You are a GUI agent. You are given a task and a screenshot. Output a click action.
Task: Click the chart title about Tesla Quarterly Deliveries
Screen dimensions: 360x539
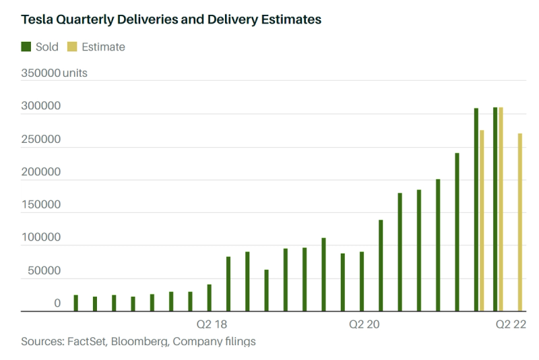[171, 20]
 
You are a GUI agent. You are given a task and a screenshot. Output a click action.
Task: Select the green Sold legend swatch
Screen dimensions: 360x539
[26, 47]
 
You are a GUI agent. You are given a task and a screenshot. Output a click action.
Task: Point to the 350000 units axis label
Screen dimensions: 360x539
[55, 73]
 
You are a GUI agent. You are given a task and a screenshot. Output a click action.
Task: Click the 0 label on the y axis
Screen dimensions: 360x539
[57, 303]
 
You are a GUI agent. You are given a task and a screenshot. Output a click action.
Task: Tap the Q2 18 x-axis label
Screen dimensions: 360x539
[211, 324]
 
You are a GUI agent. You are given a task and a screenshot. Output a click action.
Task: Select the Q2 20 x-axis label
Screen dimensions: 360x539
[364, 324]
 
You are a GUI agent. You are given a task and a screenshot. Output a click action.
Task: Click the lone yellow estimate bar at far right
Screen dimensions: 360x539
[520, 222]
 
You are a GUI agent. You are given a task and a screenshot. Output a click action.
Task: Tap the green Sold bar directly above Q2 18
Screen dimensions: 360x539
[209, 298]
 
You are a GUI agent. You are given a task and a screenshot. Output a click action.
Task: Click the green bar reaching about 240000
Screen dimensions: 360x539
[457, 232]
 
